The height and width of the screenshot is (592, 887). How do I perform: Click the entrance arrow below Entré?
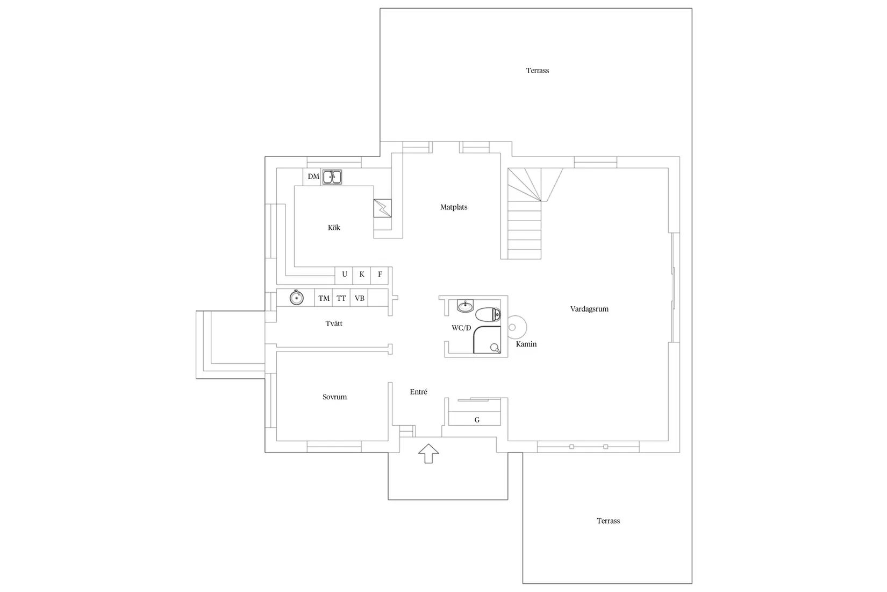[x=428, y=454]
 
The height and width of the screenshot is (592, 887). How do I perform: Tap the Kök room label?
[x=334, y=228]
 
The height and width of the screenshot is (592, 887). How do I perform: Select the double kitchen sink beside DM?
[x=332, y=177]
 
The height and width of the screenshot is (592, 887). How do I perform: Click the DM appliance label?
[x=313, y=177]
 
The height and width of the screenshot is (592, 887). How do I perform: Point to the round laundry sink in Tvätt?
[x=297, y=298]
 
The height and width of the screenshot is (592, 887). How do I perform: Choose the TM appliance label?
[x=324, y=298]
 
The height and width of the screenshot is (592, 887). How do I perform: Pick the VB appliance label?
[x=359, y=298]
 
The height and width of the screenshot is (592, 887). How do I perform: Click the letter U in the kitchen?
[x=345, y=274]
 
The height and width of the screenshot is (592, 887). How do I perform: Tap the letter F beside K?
[x=380, y=274]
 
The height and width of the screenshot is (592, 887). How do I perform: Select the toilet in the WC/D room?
[x=488, y=315]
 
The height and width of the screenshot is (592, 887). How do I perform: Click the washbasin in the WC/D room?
[x=466, y=306]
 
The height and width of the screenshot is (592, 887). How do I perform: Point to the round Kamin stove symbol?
[x=517, y=327]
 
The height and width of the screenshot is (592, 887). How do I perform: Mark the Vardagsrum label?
[x=589, y=309]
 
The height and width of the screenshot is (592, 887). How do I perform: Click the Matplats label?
[x=454, y=207]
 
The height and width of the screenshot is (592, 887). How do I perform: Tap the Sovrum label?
[x=334, y=397]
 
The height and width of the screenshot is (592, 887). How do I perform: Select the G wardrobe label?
[x=477, y=420]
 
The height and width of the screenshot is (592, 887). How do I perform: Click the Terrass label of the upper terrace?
[x=538, y=71]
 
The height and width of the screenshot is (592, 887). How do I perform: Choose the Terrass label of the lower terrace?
[x=608, y=521]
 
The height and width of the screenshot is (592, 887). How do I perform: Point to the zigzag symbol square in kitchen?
[x=383, y=208]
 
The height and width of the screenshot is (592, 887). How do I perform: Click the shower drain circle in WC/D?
[x=494, y=347]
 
